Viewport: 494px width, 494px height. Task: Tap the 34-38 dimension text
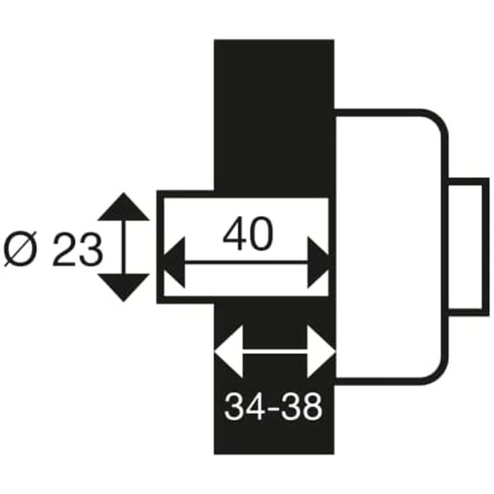(x=274, y=406)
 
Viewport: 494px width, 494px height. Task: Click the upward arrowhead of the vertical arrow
(x=123, y=206)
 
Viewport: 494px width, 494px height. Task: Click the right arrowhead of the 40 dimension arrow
(x=320, y=263)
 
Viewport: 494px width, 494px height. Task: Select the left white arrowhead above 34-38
(x=228, y=351)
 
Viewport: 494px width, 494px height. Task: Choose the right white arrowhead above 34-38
(x=321, y=351)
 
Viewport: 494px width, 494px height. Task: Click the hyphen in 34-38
(x=274, y=408)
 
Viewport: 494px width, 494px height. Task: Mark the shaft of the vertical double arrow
(x=123, y=247)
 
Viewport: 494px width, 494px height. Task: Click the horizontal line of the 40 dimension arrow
(x=246, y=263)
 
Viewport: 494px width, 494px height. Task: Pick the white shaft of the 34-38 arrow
(x=275, y=351)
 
